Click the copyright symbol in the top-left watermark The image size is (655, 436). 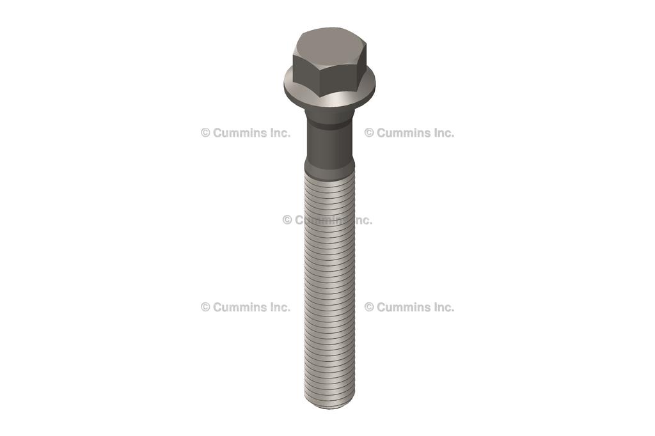pos(205,133)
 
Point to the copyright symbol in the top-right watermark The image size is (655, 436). pos(369,133)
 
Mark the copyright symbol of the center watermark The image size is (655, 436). pos(287,220)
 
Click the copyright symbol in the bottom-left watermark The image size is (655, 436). pos(205,307)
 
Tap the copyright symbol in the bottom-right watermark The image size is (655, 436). pos(369,307)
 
